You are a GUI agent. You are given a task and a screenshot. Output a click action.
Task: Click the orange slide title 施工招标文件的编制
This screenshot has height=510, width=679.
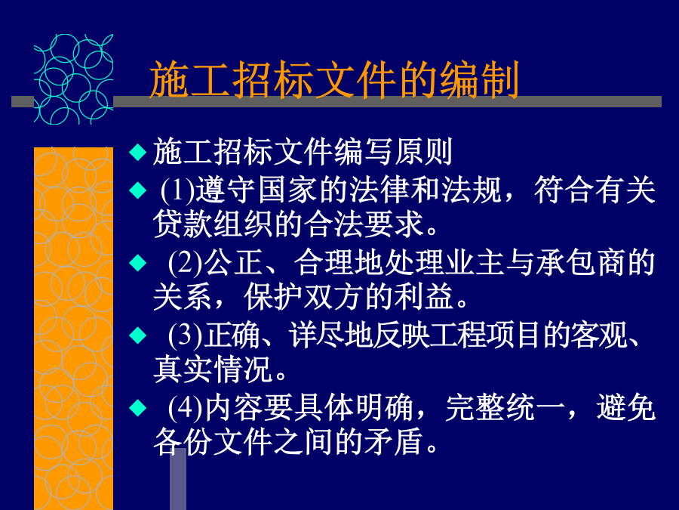pyautogui.click(x=334, y=79)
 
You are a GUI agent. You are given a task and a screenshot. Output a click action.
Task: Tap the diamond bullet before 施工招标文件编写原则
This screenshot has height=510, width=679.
pyautogui.click(x=138, y=152)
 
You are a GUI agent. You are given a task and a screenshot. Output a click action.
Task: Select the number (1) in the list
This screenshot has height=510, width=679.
pyautogui.click(x=177, y=190)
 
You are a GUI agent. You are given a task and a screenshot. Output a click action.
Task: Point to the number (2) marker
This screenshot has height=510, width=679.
pyautogui.click(x=186, y=263)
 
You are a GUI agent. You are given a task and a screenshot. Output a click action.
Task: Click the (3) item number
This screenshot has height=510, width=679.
pyautogui.click(x=186, y=335)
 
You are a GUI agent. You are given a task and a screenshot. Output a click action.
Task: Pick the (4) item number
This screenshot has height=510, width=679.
pyautogui.click(x=186, y=409)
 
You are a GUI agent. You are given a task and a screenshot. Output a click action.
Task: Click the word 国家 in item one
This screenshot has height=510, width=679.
pyautogui.click(x=288, y=190)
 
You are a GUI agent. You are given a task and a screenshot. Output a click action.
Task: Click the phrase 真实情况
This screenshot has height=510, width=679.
pyautogui.click(x=213, y=369)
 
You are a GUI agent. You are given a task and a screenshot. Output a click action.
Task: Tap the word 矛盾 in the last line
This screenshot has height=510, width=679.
pyautogui.click(x=394, y=442)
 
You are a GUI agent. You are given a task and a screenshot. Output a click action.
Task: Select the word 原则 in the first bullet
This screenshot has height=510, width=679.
pyautogui.click(x=423, y=152)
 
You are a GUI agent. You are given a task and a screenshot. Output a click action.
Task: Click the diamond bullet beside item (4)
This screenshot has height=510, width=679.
pyautogui.click(x=138, y=408)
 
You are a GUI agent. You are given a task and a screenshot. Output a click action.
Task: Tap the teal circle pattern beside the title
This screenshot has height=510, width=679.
pyautogui.click(x=74, y=79)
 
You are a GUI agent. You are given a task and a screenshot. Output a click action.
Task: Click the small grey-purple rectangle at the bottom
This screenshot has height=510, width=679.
pyautogui.click(x=178, y=479)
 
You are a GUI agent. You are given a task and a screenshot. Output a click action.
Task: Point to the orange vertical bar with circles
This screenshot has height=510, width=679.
pyautogui.click(x=74, y=329)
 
